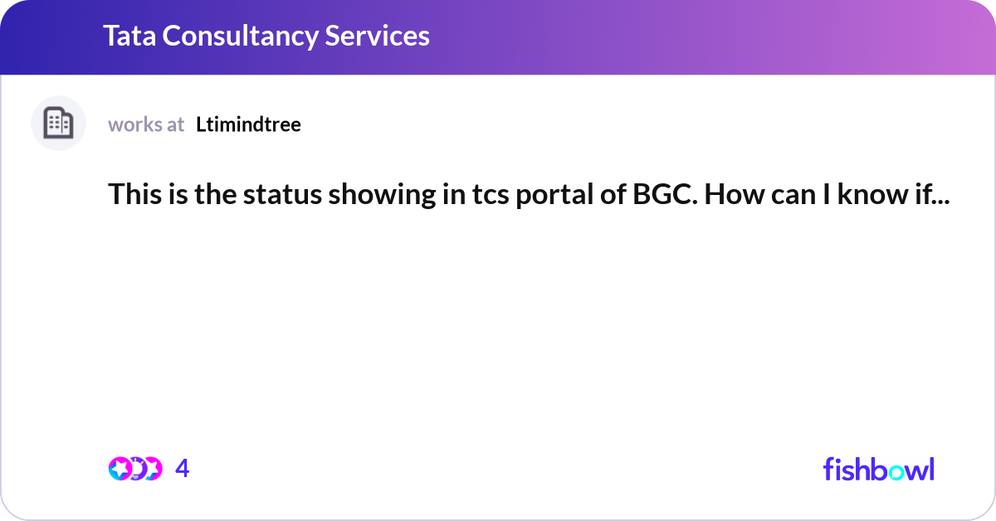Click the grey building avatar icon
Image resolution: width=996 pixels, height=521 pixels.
pyautogui.click(x=58, y=124)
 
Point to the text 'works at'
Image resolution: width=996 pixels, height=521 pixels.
pyautogui.click(x=146, y=124)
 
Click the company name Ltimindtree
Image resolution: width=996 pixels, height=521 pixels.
pyautogui.click(x=248, y=124)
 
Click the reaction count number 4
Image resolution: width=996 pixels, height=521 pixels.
pyautogui.click(x=183, y=469)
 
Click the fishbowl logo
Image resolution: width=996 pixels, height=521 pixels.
pyautogui.click(x=878, y=469)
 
